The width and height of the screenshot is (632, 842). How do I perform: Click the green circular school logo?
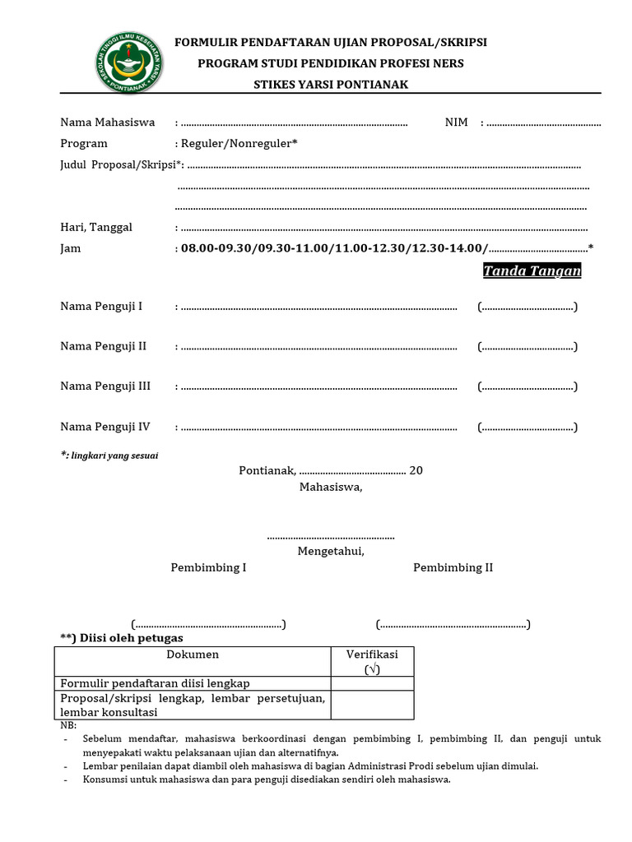coord(125,63)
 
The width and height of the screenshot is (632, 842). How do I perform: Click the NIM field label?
coord(456,123)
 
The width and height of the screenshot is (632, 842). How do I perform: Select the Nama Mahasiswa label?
coord(108,123)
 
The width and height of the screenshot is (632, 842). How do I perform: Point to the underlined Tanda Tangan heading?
coord(532,271)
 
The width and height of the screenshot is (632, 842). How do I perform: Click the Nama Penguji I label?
coord(101,306)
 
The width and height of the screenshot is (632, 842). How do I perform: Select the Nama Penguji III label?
coord(105,386)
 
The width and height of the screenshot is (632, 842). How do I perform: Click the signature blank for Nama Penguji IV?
coord(527,427)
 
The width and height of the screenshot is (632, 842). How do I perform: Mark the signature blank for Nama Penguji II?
coord(527,347)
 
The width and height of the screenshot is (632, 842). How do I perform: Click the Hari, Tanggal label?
coord(96,227)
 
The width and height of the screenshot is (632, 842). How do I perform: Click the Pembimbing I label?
coord(208,567)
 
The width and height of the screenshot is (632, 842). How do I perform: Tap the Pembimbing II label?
coord(453,567)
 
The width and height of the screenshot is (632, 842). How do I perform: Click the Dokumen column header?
coord(193,655)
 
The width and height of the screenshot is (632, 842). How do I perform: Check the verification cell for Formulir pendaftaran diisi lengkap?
coord(372,683)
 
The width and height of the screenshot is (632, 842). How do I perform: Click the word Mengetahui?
coord(331,551)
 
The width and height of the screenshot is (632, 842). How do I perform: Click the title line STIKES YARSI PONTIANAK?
coord(330,85)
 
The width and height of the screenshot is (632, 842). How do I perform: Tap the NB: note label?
coord(68,726)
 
